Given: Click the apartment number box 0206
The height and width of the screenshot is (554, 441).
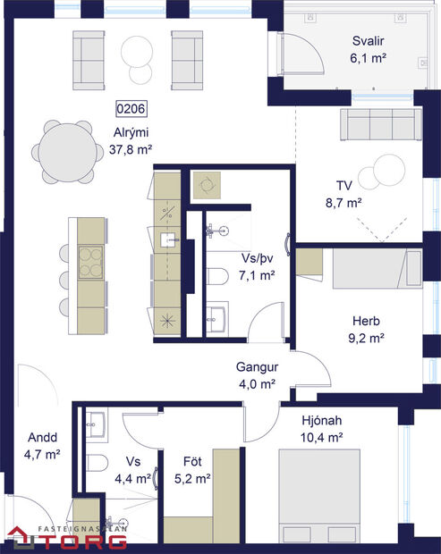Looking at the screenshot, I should point(131,109).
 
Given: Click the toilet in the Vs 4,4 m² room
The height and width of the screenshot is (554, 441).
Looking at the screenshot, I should point(98,462).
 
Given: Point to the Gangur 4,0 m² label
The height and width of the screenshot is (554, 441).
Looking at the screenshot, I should point(259,375).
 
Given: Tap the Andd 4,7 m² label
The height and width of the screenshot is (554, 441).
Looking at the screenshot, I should point(42,446).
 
